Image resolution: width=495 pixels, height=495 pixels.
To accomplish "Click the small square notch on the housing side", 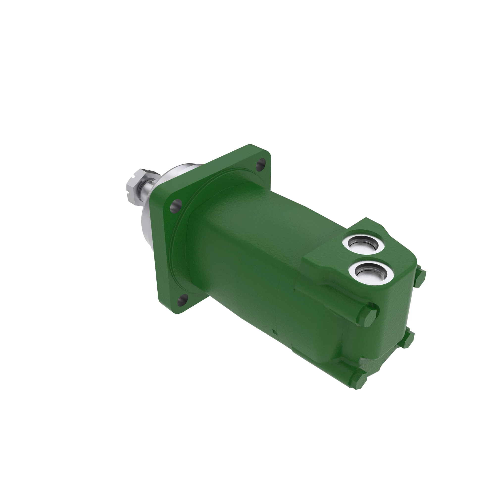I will tap(274, 332).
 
